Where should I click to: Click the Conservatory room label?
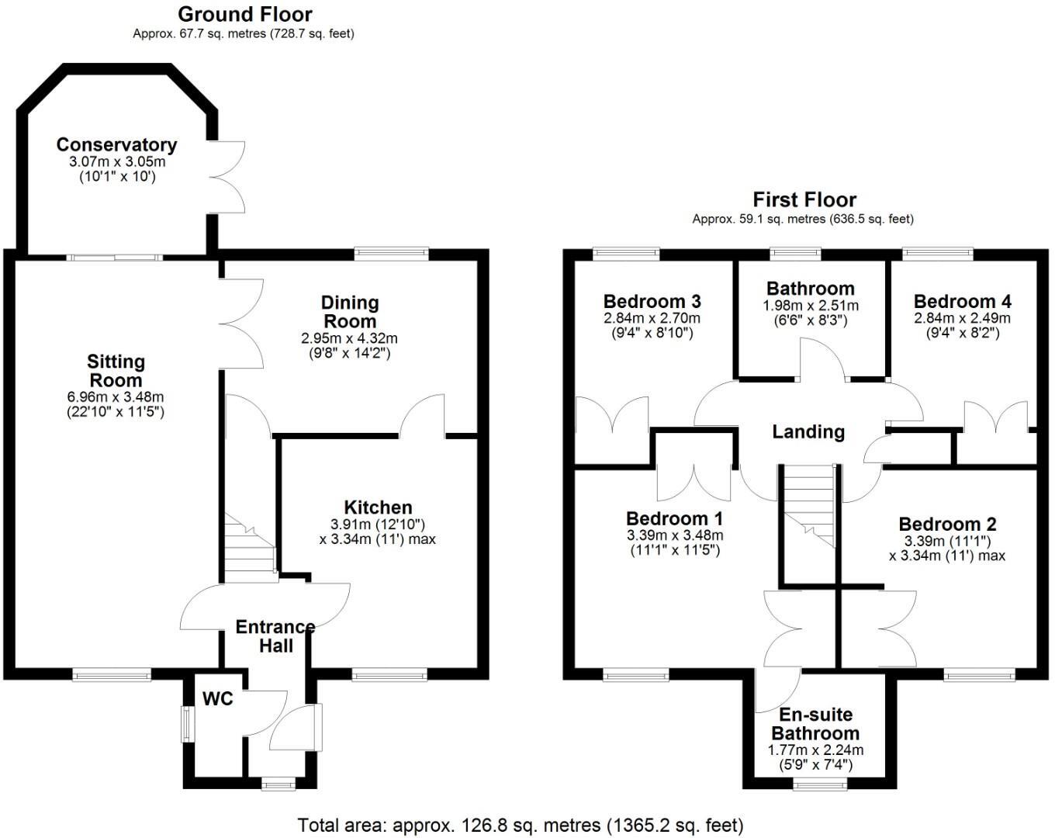(x=116, y=145)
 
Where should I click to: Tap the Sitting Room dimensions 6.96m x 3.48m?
(x=116, y=397)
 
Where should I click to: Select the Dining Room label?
(x=349, y=312)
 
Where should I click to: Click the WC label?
(x=218, y=699)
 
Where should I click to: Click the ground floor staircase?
(x=250, y=547)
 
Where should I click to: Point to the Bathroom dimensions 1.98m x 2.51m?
(x=811, y=306)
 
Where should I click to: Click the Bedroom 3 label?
(x=652, y=301)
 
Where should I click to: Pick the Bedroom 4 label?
(x=962, y=301)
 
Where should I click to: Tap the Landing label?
(x=808, y=431)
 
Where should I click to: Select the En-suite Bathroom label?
(x=815, y=724)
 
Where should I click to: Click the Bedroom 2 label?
(x=947, y=525)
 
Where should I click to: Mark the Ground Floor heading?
(x=244, y=14)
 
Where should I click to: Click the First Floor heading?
(x=804, y=199)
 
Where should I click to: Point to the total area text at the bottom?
(x=521, y=825)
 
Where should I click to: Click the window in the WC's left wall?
(x=186, y=723)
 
